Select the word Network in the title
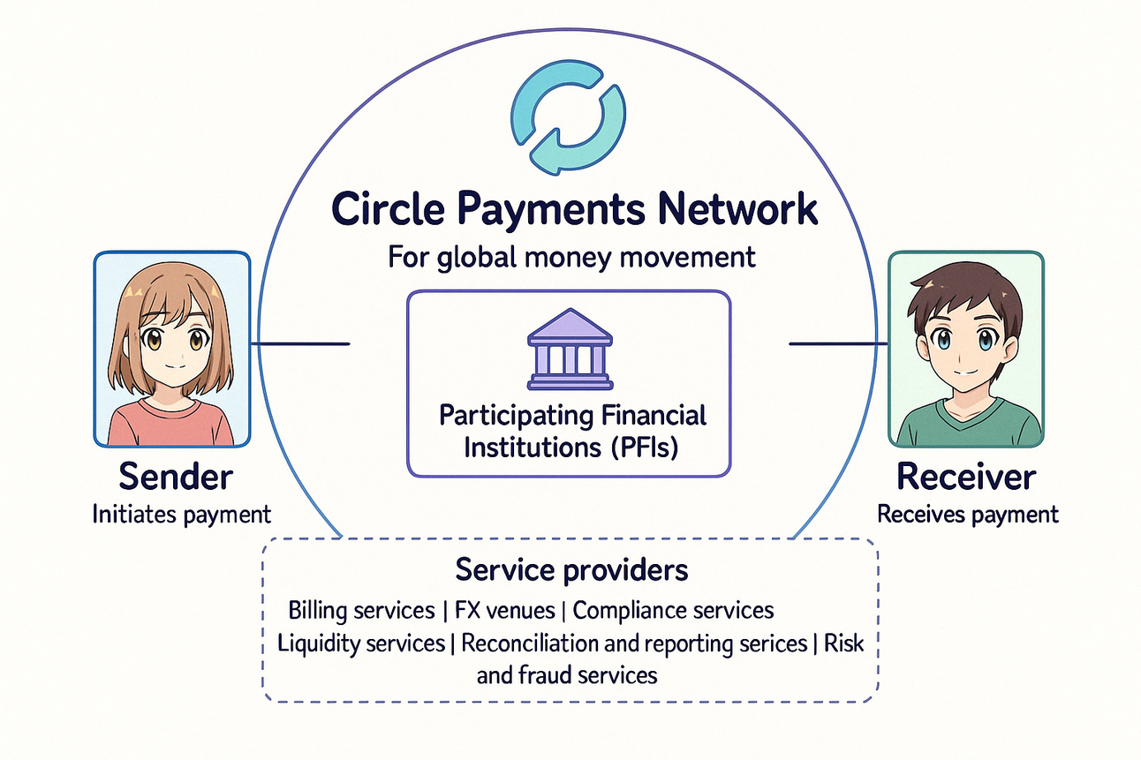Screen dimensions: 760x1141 click(741, 210)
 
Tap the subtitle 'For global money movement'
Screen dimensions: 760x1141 click(571, 257)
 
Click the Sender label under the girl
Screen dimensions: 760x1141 click(176, 477)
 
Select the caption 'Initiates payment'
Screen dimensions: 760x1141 click(181, 515)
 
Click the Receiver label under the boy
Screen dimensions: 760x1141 click(966, 477)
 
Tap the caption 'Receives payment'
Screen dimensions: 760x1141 click(967, 515)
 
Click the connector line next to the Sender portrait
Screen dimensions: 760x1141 click(300, 343)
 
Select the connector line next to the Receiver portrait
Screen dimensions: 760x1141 click(837, 343)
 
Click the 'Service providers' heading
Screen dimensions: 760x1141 click(571, 570)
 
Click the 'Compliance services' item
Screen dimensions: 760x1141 click(673, 610)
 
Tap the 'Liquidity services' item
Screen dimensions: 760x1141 click(360, 643)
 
